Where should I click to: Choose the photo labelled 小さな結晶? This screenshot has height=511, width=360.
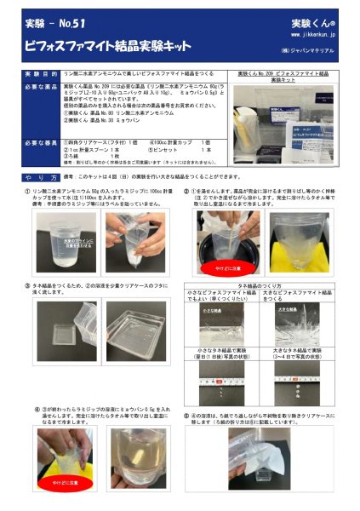(x=223, y=323)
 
